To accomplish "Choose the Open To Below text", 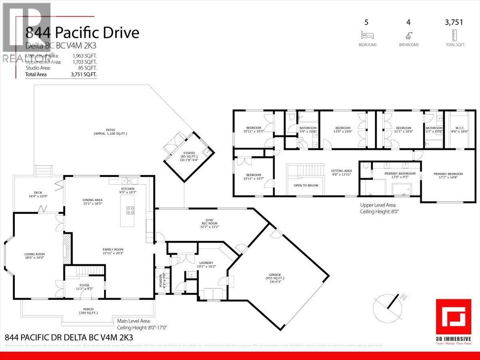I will (306, 185).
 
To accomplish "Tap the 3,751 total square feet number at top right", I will (454, 22).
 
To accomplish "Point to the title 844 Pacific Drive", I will (82, 32).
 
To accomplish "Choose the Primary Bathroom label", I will (394, 176).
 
